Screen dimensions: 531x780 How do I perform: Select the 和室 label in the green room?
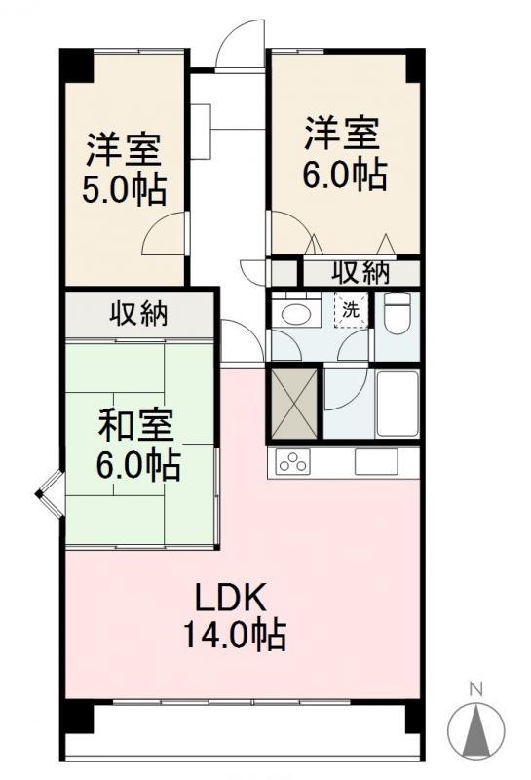click(x=135, y=426)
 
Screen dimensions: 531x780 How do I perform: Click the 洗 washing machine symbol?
click(x=352, y=310)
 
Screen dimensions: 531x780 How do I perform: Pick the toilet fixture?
click(x=398, y=313)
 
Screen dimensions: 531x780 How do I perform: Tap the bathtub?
click(x=397, y=404)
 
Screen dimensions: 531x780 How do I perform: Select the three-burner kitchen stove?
click(x=293, y=461)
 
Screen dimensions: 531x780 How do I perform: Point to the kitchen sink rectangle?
click(x=376, y=461)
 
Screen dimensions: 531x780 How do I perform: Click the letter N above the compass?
click(x=476, y=690)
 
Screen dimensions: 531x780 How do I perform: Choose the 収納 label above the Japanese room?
click(x=138, y=313)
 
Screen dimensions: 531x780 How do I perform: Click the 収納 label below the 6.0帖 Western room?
click(x=360, y=273)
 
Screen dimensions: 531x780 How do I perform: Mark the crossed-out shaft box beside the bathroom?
click(x=293, y=403)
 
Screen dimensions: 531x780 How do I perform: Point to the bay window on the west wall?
click(x=49, y=494)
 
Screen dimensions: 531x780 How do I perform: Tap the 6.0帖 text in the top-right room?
click(x=345, y=175)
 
